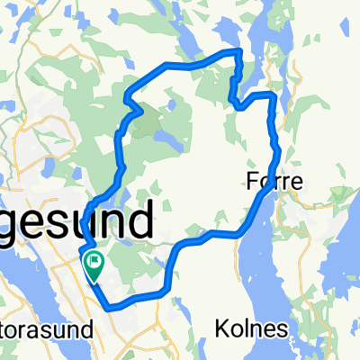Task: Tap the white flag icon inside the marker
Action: click(94, 262)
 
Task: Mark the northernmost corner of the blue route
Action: click(238, 51)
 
